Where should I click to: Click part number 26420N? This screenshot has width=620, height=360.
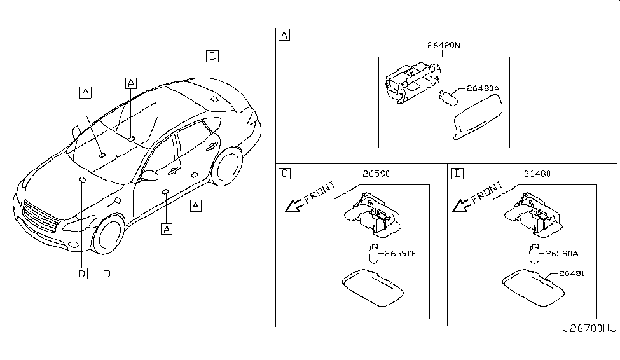pyautogui.click(x=443, y=46)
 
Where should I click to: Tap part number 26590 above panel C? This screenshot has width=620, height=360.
pyautogui.click(x=376, y=173)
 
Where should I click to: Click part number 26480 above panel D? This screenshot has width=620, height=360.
pyautogui.click(x=537, y=173)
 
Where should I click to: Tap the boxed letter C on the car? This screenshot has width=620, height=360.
pyautogui.click(x=212, y=56)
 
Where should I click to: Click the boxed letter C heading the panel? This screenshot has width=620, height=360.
pyautogui.click(x=284, y=173)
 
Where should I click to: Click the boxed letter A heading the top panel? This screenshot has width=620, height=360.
pyautogui.click(x=284, y=36)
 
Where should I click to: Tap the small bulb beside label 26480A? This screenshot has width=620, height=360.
pyautogui.click(x=447, y=97)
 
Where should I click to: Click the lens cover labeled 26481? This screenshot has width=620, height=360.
pyautogui.click(x=531, y=283)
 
